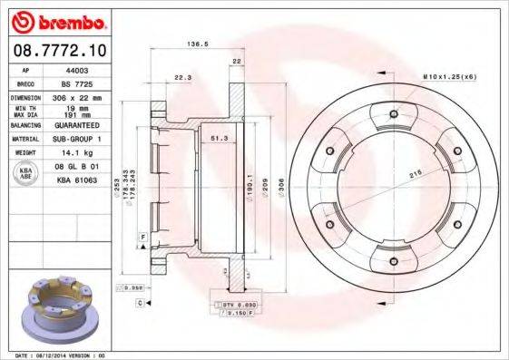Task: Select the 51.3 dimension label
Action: point(219,138)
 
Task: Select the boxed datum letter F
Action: point(143,237)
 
